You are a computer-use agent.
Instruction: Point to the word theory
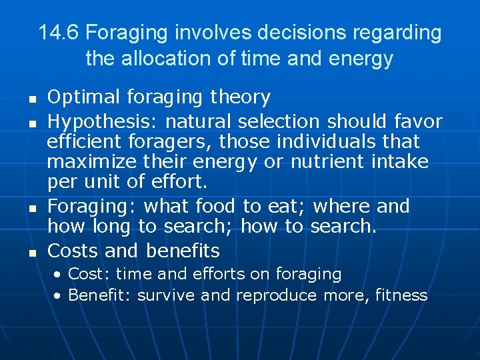[240, 97]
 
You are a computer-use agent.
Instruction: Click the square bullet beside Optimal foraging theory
[31, 99]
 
